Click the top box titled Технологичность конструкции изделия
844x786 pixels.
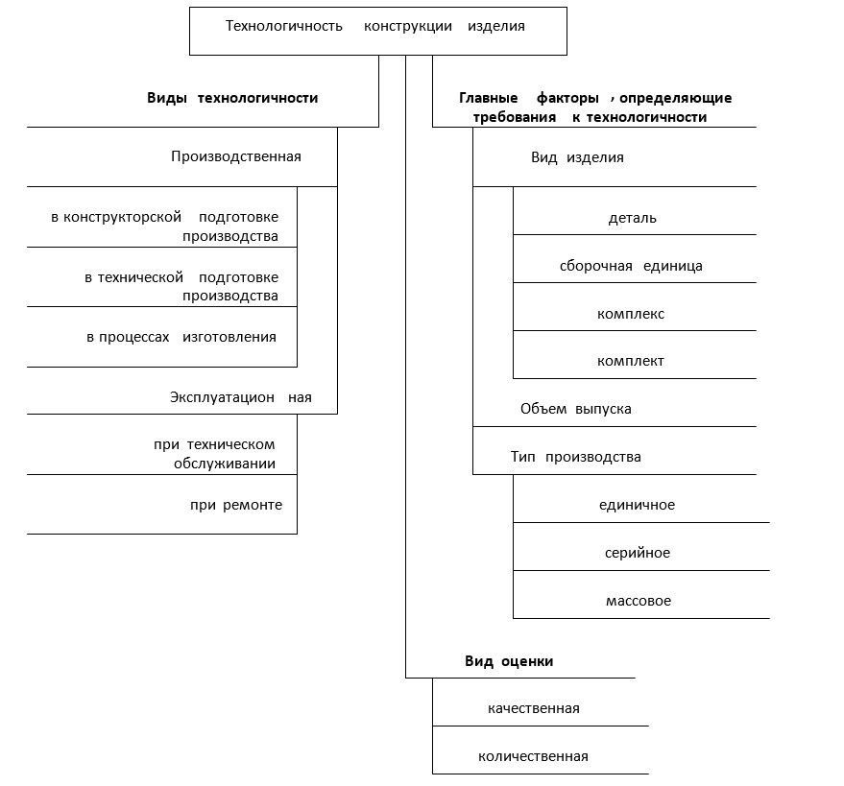[x=378, y=32]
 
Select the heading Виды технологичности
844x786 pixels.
[x=232, y=98]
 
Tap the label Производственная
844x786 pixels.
[x=236, y=156]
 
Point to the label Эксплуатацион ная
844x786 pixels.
[x=241, y=397]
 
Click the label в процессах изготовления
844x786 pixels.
[x=181, y=337]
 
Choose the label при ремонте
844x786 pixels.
[x=236, y=505]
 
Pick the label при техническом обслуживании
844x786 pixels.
[x=215, y=454]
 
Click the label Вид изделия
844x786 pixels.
[x=578, y=157]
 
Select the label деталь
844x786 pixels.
[x=633, y=218]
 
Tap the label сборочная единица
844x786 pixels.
[x=631, y=266]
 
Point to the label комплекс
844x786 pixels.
[x=631, y=314]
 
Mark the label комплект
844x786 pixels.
[x=630, y=361]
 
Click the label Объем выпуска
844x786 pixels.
[x=576, y=410]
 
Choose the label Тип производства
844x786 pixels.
[x=576, y=457]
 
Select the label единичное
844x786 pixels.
[x=637, y=505]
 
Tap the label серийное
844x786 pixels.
[x=638, y=553]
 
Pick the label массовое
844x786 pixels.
[x=639, y=601]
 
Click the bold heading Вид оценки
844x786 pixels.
[x=509, y=661]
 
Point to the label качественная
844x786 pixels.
[x=534, y=708]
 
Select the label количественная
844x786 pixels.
[x=533, y=756]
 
